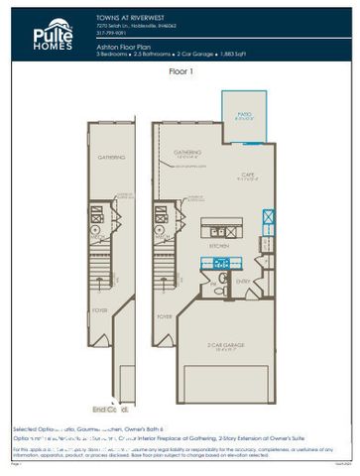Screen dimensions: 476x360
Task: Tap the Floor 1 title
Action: (x=180, y=72)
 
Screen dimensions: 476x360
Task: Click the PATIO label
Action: (x=243, y=114)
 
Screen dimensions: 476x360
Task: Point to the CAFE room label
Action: (x=247, y=175)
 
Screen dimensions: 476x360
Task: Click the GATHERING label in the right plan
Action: (x=187, y=152)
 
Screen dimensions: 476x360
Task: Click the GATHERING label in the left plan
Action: (x=111, y=157)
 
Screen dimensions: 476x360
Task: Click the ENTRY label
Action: (x=242, y=282)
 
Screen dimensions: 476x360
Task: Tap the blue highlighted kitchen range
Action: (x=221, y=263)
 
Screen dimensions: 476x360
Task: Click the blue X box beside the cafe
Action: (x=270, y=217)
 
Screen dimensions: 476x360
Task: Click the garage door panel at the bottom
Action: (x=226, y=382)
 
